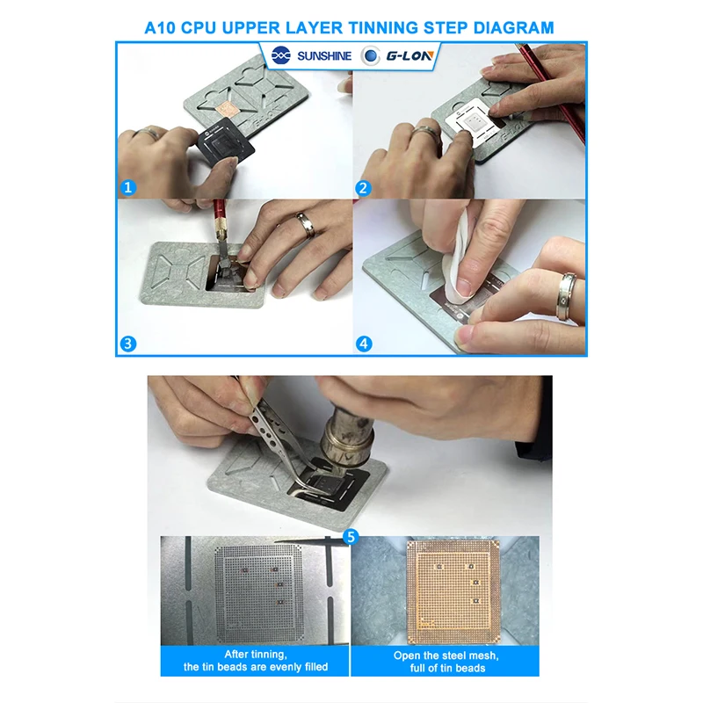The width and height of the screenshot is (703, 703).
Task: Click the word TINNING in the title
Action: (x=383, y=28)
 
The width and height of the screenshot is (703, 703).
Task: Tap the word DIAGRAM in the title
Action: (x=513, y=28)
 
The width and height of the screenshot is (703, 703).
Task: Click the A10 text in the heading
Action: (x=160, y=28)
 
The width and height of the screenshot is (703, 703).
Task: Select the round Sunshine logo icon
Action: (x=281, y=55)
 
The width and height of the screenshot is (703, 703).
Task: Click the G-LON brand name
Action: (x=409, y=56)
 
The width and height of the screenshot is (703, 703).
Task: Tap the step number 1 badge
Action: (x=127, y=187)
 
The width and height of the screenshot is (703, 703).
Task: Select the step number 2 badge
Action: (x=363, y=188)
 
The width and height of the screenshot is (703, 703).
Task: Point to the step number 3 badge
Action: (x=128, y=344)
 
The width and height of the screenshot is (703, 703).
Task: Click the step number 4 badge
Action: (x=364, y=344)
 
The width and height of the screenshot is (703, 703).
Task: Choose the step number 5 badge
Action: (x=351, y=536)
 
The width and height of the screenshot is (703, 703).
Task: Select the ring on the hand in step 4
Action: (x=567, y=296)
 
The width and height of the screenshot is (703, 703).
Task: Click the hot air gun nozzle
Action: (x=347, y=441)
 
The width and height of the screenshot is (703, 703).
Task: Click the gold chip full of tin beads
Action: (x=453, y=589)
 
